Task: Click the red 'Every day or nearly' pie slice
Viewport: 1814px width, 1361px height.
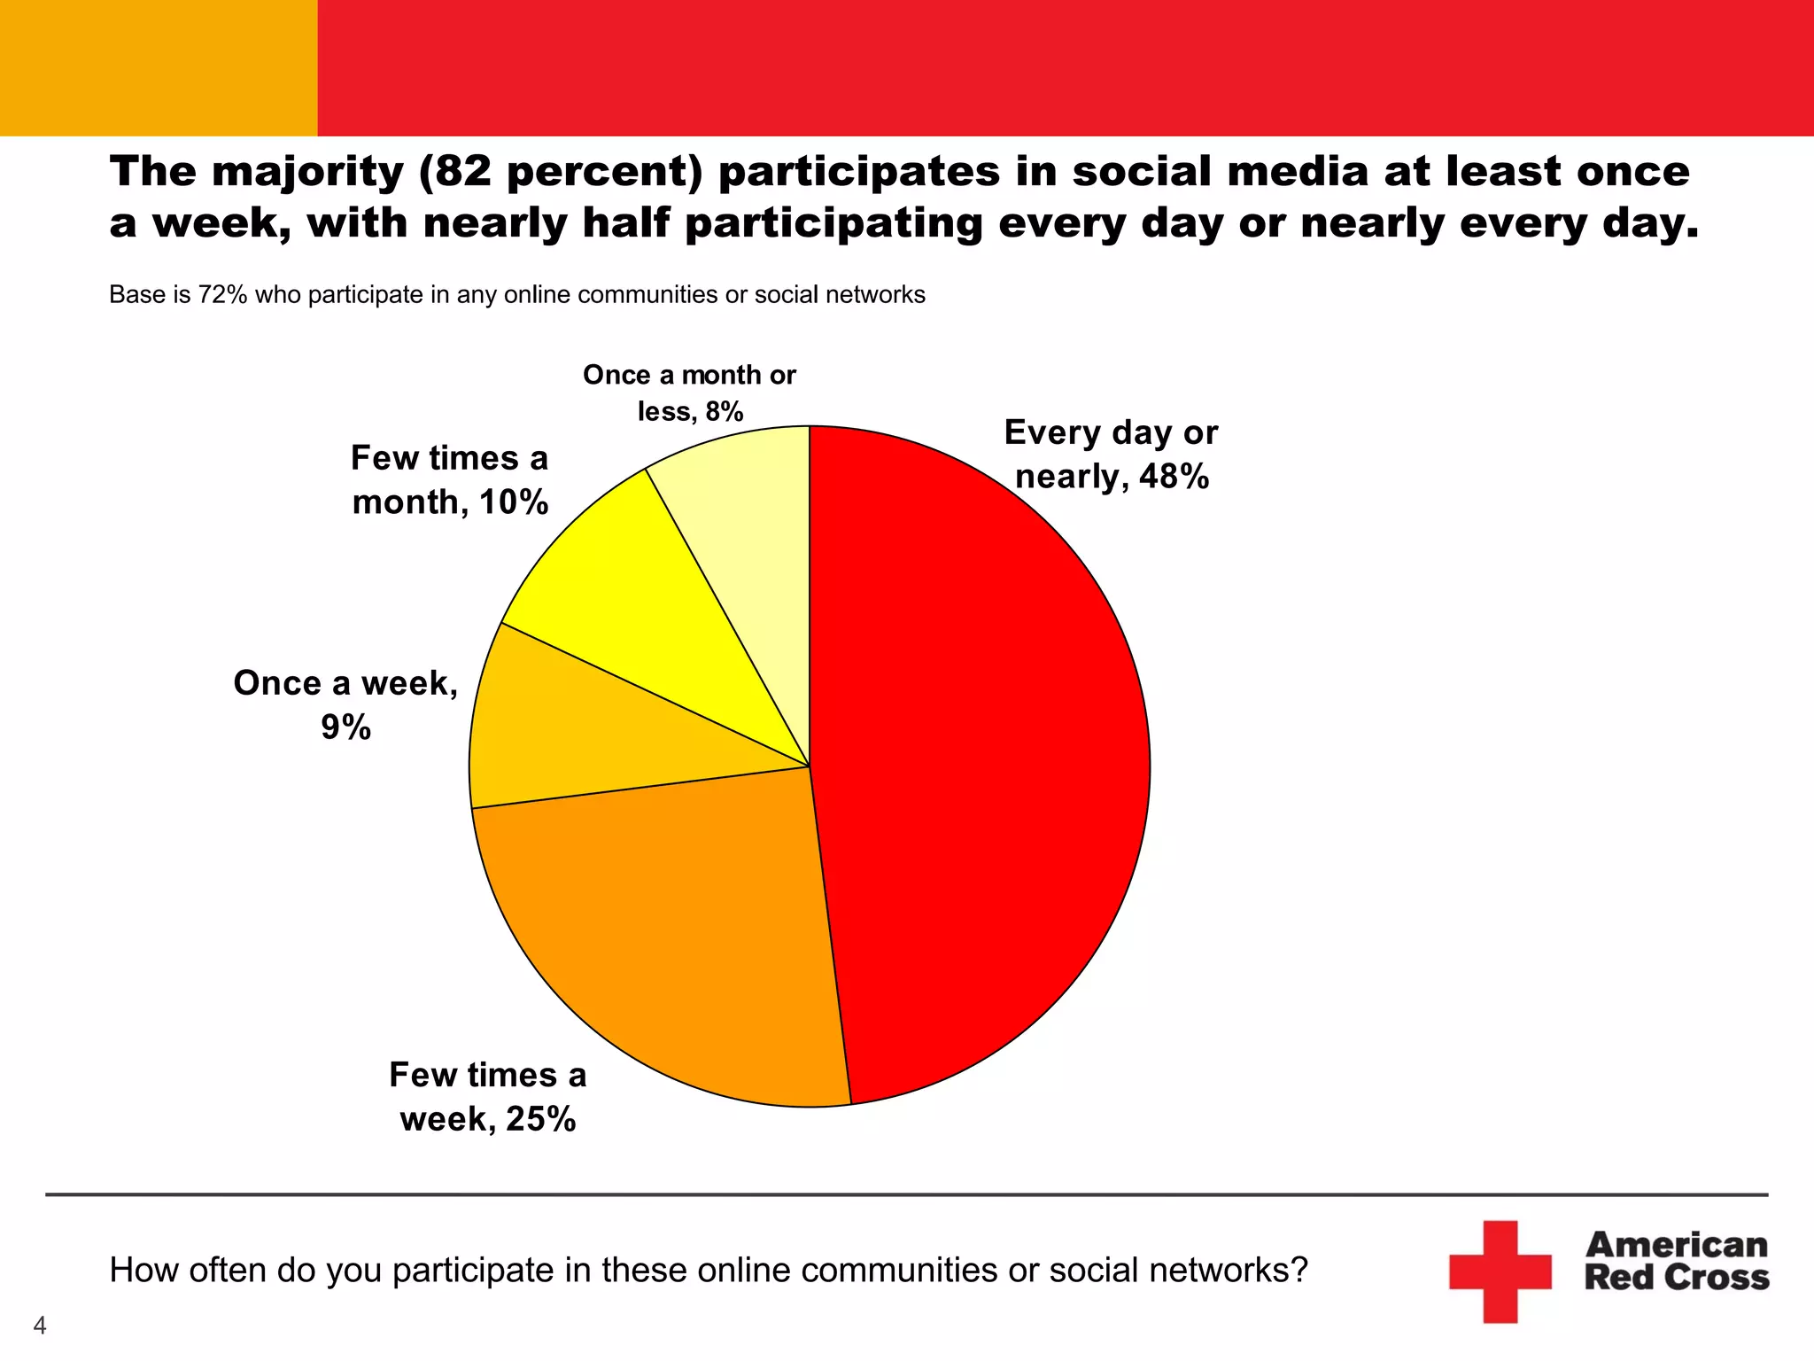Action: [983, 762]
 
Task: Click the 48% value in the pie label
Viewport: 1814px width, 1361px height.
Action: [1174, 477]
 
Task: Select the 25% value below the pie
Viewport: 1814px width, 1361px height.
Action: [540, 1119]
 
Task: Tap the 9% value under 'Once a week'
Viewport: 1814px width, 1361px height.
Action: [345, 727]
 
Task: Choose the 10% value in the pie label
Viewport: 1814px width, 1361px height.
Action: [514, 502]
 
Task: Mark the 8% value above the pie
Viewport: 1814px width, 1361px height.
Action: [725, 411]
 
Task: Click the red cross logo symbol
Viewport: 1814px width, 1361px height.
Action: [1500, 1271]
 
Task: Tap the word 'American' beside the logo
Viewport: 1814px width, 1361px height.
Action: [1676, 1245]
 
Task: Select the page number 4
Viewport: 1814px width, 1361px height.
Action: [39, 1326]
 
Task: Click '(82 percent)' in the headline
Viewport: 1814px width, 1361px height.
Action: [560, 171]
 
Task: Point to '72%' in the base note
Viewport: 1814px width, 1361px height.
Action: [222, 294]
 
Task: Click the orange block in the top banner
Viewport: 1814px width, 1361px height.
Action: [159, 67]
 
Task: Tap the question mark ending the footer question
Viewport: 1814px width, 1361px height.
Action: [1298, 1270]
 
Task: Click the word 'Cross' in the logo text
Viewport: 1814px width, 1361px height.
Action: [1722, 1278]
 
